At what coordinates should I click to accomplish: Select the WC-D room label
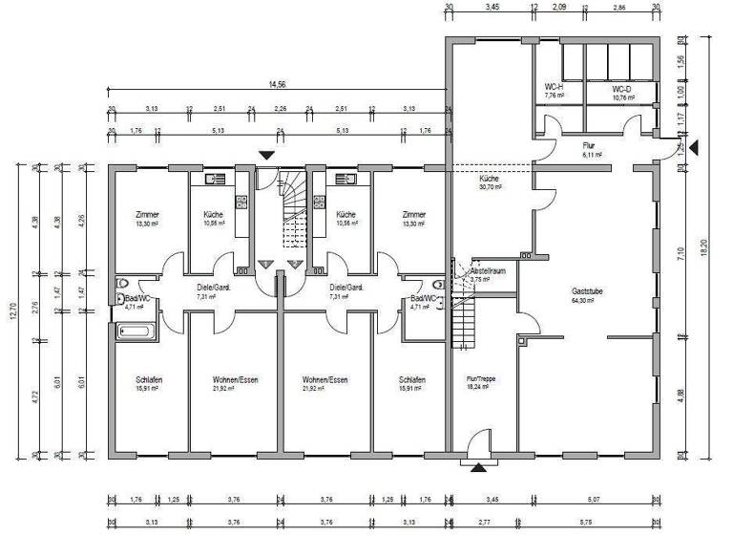point(623,88)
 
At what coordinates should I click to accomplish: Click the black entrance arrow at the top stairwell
point(266,153)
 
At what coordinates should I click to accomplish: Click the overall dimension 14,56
point(278,85)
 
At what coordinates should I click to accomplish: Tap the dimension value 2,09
point(559,8)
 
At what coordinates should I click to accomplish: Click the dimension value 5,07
point(595,497)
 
